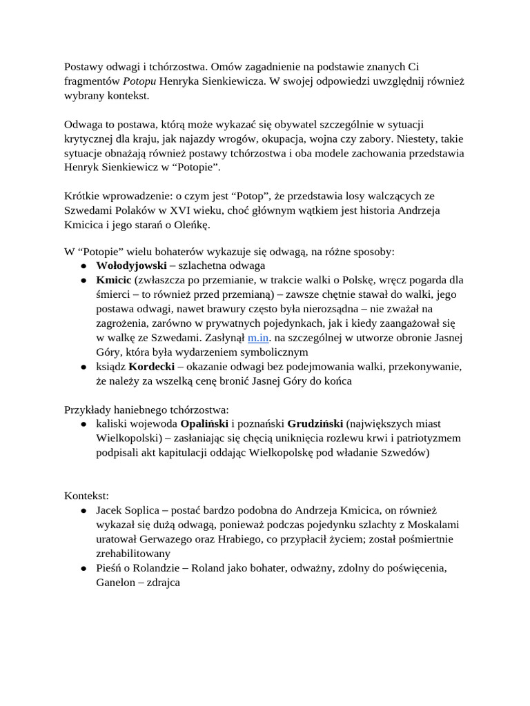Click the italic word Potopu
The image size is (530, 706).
tap(140, 81)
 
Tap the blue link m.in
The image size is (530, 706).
tap(257, 338)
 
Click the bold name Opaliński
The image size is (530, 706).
tap(205, 423)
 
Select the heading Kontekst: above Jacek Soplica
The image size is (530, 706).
tap(86, 496)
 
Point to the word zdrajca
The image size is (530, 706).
tap(161, 583)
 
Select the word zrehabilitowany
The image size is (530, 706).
tap(133, 554)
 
